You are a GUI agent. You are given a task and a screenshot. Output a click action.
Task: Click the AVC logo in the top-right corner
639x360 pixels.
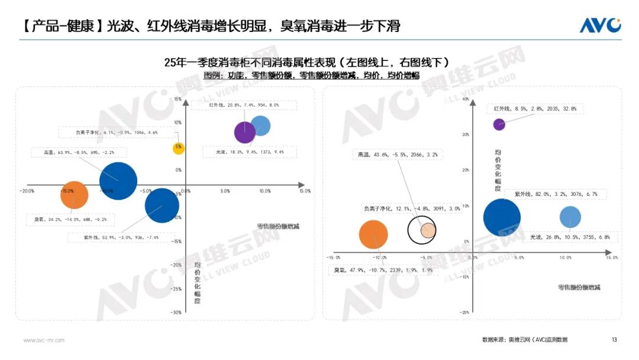(x=600, y=25)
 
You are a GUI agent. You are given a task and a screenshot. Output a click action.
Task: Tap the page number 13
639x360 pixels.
(x=614, y=340)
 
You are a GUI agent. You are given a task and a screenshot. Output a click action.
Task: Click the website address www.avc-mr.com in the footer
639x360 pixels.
(x=44, y=340)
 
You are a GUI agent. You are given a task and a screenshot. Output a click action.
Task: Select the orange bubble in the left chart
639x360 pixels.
(x=75, y=195)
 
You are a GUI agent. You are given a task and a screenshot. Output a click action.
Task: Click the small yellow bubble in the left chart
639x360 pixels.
(x=179, y=148)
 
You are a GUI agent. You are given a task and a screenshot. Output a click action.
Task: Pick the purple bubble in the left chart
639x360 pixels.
(x=244, y=133)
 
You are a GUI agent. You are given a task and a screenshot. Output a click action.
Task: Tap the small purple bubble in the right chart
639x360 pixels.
(x=499, y=124)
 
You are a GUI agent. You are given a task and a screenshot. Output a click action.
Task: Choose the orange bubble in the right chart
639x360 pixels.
(x=373, y=234)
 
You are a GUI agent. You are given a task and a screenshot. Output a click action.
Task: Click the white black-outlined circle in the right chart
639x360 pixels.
(x=422, y=229)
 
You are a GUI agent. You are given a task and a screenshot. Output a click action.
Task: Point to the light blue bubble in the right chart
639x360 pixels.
(x=570, y=217)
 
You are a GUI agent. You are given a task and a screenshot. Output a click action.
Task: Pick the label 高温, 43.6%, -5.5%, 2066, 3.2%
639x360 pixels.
(x=398, y=155)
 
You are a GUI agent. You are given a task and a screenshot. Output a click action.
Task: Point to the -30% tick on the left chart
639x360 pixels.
(x=176, y=313)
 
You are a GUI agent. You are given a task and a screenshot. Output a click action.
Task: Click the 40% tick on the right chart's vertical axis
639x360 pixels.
(x=464, y=99)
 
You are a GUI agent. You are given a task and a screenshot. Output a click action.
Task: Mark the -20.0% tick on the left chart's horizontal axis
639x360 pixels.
(x=27, y=191)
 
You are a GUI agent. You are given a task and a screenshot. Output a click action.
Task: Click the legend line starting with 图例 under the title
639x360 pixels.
(x=311, y=75)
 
